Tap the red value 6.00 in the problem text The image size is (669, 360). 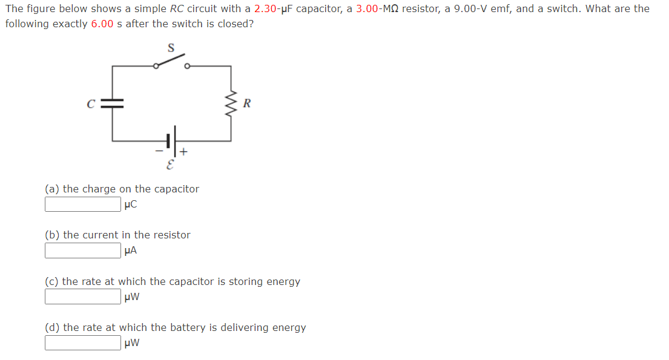pyautogui.click(x=102, y=24)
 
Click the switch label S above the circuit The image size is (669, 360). pyautogui.click(x=171, y=47)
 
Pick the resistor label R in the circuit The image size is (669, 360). pyautogui.click(x=246, y=103)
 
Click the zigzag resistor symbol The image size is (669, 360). pyautogui.click(x=231, y=103)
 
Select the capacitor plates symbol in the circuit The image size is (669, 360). pyautogui.click(x=112, y=103)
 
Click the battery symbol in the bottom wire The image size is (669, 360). pyautogui.click(x=172, y=140)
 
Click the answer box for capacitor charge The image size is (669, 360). pyautogui.click(x=82, y=205)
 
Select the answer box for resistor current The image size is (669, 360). pyautogui.click(x=82, y=250)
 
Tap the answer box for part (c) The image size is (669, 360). pyautogui.click(x=82, y=296)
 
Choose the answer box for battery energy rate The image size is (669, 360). pyautogui.click(x=82, y=342)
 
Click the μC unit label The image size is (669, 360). pyautogui.click(x=130, y=205)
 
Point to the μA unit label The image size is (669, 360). pyautogui.click(x=130, y=250)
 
